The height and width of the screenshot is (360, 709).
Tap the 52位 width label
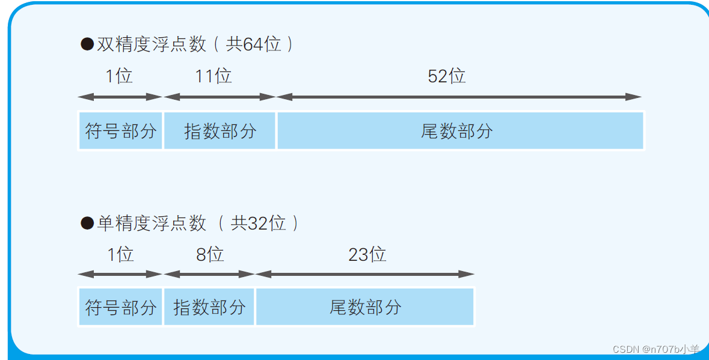click(x=446, y=76)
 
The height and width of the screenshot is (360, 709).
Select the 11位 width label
click(x=213, y=76)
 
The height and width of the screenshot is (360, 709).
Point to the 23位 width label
click(x=367, y=255)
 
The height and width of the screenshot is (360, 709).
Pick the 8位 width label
click(x=210, y=255)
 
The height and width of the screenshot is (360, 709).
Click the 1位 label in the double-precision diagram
click(x=119, y=76)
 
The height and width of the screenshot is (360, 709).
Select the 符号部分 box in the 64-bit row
click(x=120, y=130)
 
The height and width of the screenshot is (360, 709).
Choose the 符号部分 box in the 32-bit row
click(x=120, y=307)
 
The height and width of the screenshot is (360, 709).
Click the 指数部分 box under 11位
click(x=219, y=130)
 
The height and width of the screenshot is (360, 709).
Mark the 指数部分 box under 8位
click(x=209, y=307)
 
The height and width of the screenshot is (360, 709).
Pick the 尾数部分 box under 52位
click(x=460, y=130)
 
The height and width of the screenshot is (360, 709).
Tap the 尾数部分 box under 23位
click(x=365, y=307)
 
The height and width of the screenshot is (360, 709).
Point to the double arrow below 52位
click(x=459, y=97)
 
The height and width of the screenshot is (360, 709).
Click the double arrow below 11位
click(x=219, y=97)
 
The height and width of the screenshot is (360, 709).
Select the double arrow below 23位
click(x=365, y=275)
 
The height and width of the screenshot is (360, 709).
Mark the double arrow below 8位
click(x=209, y=275)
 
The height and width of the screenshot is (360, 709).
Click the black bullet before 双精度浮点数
click(x=87, y=44)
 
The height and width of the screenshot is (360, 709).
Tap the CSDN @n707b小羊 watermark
click(x=656, y=349)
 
